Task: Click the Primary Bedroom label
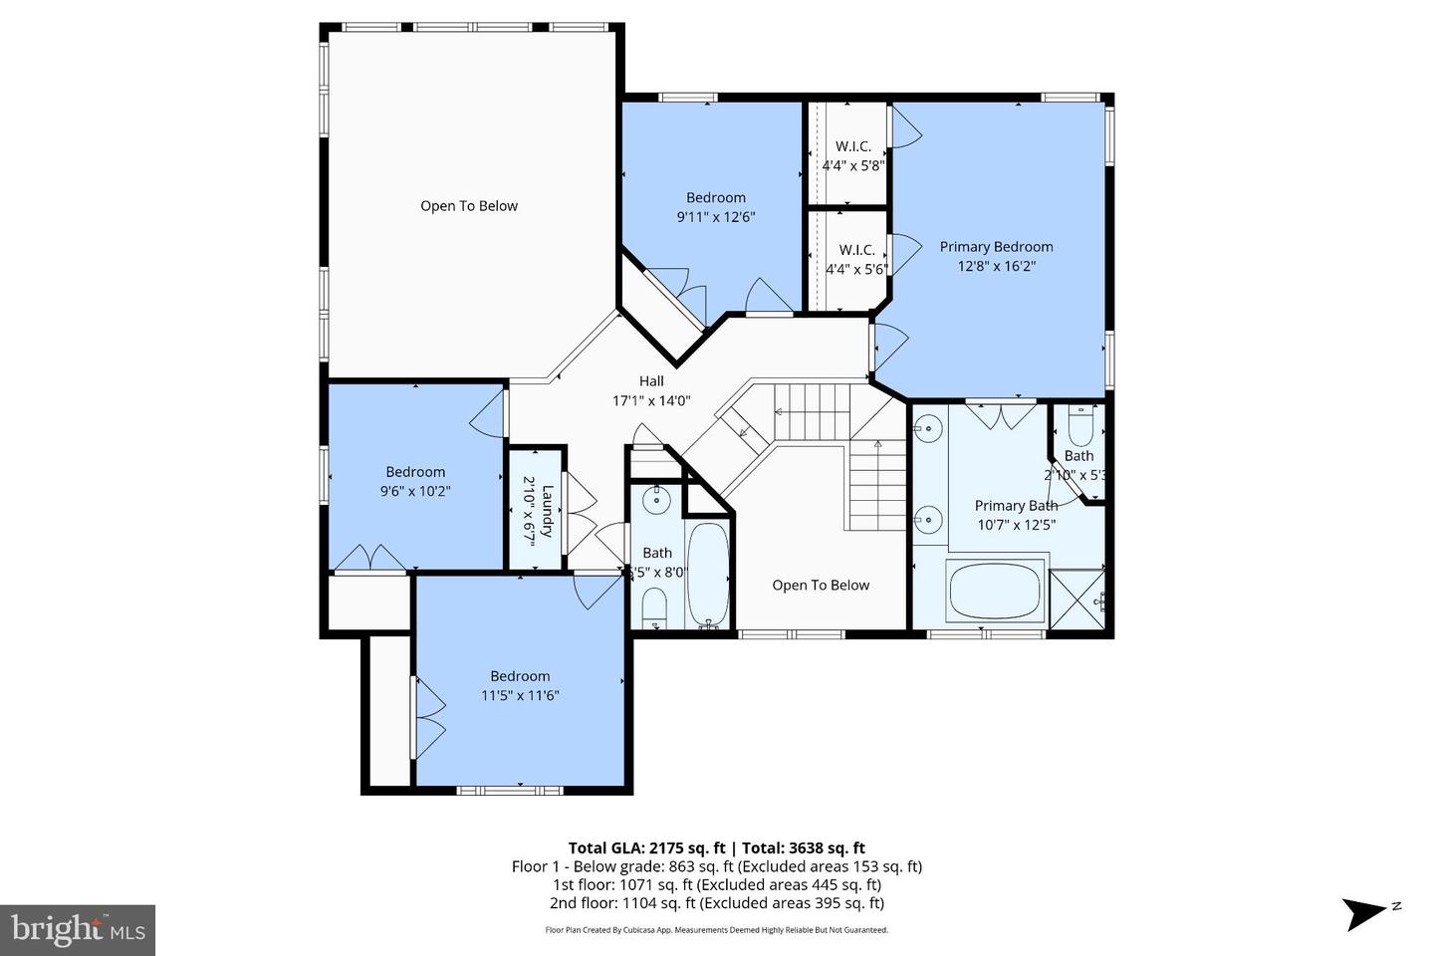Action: click(x=996, y=247)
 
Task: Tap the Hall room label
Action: click(x=651, y=380)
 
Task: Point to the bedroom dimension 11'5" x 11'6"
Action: click(x=520, y=696)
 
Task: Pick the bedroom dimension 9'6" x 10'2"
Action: click(x=415, y=491)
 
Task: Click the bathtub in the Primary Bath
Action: click(x=996, y=593)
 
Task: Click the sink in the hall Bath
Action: click(x=656, y=500)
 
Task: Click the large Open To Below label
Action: click(x=469, y=206)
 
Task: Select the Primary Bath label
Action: click(x=1016, y=506)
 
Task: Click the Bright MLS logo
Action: click(x=77, y=930)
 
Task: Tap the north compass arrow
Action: click(x=1366, y=912)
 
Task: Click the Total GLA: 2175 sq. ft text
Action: click(x=645, y=847)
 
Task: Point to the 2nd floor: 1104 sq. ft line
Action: click(x=716, y=903)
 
